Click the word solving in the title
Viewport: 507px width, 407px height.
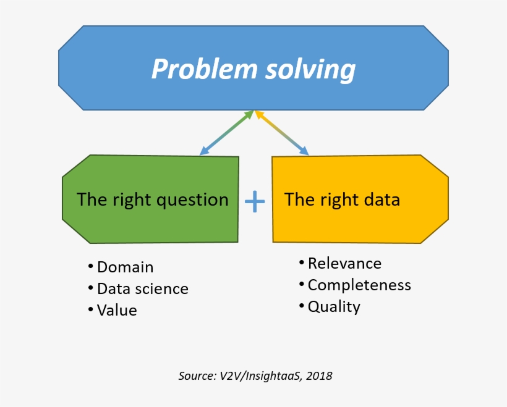click(x=310, y=69)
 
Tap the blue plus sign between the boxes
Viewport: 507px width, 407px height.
click(x=255, y=201)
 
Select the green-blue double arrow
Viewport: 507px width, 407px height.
click(x=226, y=133)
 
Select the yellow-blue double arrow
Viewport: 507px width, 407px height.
click(x=281, y=133)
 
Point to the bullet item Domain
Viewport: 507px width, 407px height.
click(x=125, y=267)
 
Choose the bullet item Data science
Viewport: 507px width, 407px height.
click(x=142, y=289)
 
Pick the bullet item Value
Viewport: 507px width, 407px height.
click(x=117, y=310)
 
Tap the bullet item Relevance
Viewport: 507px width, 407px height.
click(x=344, y=264)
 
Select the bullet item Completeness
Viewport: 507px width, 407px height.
click(x=359, y=285)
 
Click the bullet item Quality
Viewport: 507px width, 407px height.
click(x=334, y=306)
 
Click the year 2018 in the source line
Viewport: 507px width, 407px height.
click(x=319, y=376)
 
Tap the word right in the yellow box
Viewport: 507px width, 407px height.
click(x=334, y=200)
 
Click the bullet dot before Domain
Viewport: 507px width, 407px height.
click(x=91, y=266)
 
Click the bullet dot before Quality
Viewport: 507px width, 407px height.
click(x=301, y=306)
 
